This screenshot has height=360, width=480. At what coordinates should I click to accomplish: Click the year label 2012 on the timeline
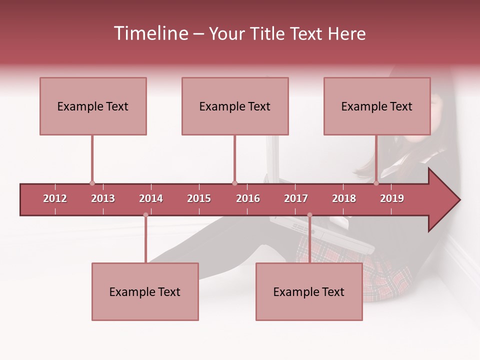tap(55, 198)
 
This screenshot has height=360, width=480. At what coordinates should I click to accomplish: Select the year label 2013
tap(103, 198)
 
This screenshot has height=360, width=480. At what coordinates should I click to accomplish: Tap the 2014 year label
tap(151, 198)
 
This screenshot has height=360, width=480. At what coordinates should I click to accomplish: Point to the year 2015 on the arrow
tap(199, 198)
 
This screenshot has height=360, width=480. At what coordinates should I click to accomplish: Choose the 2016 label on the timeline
tap(248, 198)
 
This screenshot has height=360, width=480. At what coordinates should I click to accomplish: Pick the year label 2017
tap(296, 198)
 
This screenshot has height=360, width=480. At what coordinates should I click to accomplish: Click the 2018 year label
tap(344, 198)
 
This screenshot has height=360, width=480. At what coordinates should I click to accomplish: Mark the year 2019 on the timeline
tap(392, 198)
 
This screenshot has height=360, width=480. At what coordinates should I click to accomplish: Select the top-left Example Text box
tap(93, 106)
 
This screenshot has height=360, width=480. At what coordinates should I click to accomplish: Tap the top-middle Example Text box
tap(235, 106)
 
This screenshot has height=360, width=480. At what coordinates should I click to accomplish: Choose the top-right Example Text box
tap(377, 106)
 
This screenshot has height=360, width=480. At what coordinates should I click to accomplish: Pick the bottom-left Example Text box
tap(145, 291)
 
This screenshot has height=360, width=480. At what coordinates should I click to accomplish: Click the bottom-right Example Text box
tap(309, 291)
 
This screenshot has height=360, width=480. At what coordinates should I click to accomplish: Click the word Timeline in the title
tap(150, 33)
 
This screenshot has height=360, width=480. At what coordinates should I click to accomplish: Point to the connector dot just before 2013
tap(92, 183)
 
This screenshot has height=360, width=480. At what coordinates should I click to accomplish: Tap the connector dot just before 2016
tap(234, 183)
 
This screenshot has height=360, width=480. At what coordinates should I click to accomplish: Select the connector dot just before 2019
tap(376, 183)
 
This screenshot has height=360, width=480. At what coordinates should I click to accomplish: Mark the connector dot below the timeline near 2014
tap(145, 215)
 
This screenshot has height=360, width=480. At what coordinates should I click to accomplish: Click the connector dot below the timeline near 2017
tap(309, 215)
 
